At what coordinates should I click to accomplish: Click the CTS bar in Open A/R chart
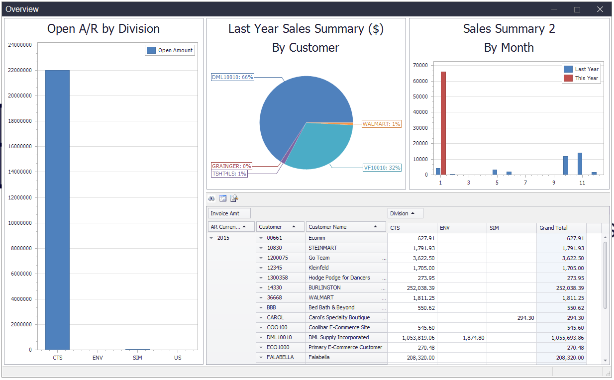(57, 209)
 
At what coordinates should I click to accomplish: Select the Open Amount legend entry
(170, 50)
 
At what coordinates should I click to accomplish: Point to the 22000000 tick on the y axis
(20, 70)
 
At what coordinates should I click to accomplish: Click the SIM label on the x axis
(137, 358)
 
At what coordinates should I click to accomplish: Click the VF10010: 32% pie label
(382, 168)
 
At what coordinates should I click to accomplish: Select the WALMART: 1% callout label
(381, 124)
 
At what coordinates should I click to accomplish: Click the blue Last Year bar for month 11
(580, 164)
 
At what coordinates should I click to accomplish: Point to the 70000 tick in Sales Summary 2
(420, 65)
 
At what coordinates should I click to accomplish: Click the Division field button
(405, 213)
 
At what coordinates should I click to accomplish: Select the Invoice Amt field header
(229, 213)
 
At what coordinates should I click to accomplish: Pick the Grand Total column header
(561, 228)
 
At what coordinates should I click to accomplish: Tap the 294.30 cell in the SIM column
(511, 317)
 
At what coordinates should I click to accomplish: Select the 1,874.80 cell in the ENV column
(462, 337)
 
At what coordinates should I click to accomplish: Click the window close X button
(600, 9)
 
